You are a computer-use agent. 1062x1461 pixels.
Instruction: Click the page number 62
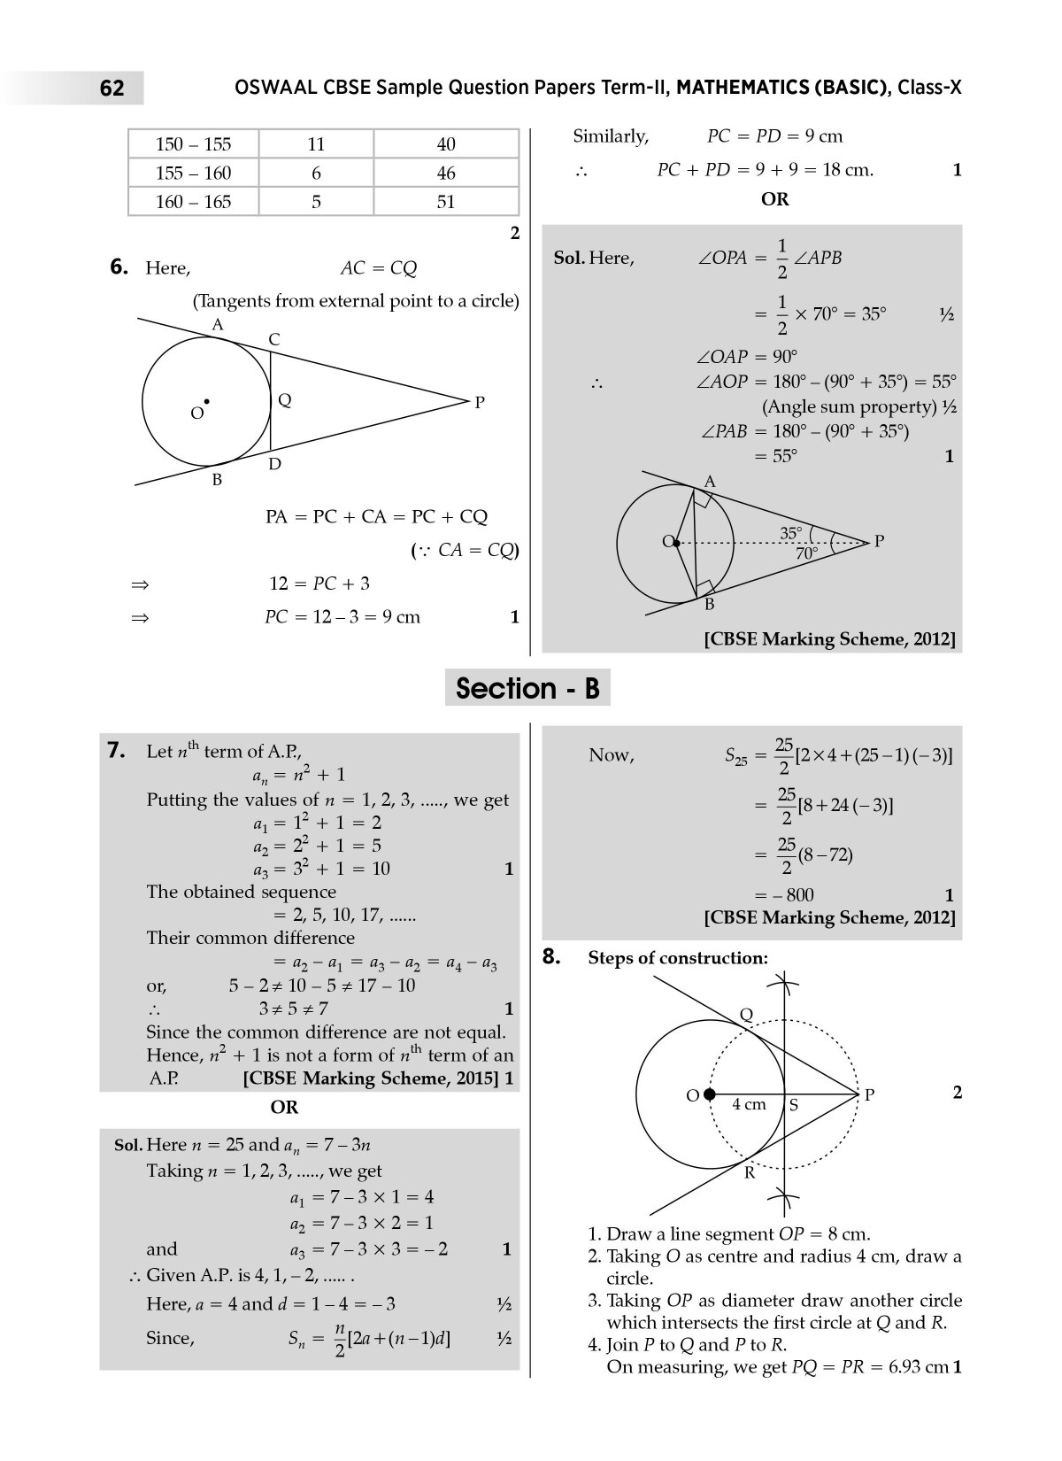tap(112, 89)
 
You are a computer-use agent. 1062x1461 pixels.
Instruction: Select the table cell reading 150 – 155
tap(193, 144)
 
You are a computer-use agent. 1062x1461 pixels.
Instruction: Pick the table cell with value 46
tap(446, 173)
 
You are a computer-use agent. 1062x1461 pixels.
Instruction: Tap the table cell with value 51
tap(446, 202)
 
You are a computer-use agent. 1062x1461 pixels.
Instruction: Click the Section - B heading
tap(527, 688)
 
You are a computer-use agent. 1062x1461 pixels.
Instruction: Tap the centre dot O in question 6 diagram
tap(206, 402)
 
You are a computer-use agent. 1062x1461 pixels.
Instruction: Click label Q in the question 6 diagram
tap(284, 400)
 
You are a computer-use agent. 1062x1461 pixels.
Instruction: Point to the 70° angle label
tap(807, 553)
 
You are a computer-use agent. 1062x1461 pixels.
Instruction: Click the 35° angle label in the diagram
tap(791, 533)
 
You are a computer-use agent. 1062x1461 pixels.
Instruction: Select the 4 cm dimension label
tap(749, 1104)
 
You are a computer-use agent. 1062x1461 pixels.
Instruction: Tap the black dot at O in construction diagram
tap(709, 1094)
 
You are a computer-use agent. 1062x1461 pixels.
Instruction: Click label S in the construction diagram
tap(793, 1105)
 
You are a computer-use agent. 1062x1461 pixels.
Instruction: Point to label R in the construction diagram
tap(749, 1172)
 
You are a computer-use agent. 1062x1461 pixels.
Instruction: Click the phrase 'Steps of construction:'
tap(678, 958)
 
